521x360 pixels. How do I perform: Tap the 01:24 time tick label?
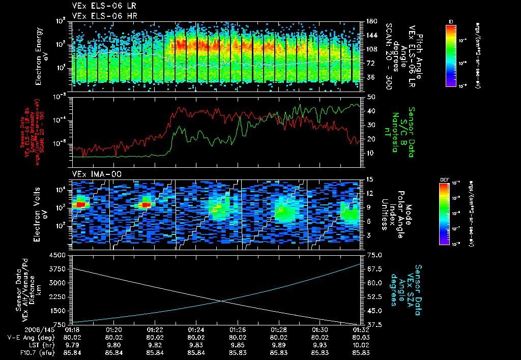coord(196,329)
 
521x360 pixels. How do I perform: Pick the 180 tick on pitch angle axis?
coord(370,21)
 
